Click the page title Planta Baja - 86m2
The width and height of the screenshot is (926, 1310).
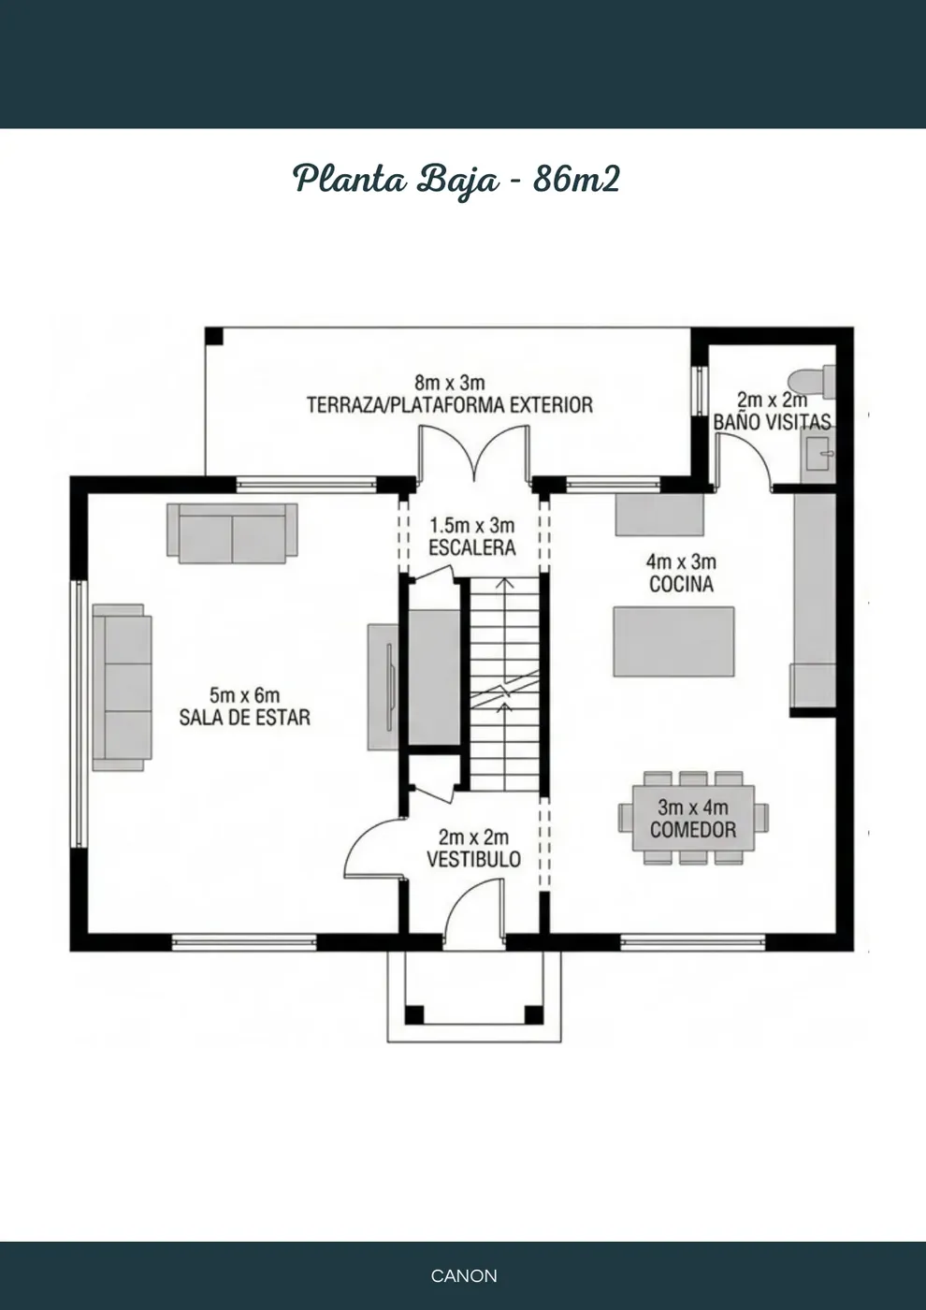[x=456, y=180]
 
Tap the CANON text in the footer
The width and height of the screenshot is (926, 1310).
[x=464, y=1275]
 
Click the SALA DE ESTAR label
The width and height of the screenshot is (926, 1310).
[x=244, y=718]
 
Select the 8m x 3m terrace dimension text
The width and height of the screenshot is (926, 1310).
[x=450, y=383]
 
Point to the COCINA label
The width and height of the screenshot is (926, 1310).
[x=681, y=584]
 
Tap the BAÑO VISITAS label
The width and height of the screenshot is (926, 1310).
[x=773, y=422]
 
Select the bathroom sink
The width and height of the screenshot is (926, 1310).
[x=817, y=454]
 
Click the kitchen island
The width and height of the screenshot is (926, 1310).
[x=673, y=642]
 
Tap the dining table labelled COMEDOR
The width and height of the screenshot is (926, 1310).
[x=693, y=818]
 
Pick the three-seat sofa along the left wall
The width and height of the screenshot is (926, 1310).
[x=123, y=687]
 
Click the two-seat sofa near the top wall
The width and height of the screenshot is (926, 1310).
[x=232, y=533]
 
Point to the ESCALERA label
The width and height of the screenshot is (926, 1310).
[x=472, y=548]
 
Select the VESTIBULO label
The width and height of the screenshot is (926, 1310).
[x=473, y=859]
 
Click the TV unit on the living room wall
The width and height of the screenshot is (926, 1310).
[x=383, y=687]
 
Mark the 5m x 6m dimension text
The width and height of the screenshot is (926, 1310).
[x=244, y=695]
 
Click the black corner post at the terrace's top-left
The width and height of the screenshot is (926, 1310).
[x=214, y=336]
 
